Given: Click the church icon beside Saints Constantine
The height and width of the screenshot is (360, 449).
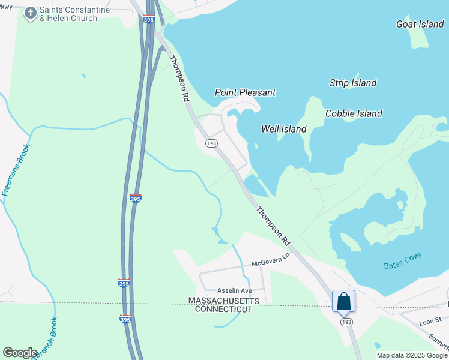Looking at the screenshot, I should tap(30, 13).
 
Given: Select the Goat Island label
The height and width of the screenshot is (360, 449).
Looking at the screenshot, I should tap(420, 24).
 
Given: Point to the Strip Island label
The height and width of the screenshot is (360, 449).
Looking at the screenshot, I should tap(353, 83).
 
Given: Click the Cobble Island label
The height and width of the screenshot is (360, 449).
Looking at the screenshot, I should tap(354, 113).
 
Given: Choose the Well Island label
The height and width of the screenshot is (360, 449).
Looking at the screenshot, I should tap(284, 129).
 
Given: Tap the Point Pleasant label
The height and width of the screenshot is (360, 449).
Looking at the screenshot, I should tap(245, 92).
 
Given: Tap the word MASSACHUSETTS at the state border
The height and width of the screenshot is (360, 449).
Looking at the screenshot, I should tap(224, 300).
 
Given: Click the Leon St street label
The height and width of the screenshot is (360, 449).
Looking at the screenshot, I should tap(430, 322).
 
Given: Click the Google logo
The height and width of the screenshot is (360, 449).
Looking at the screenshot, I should tap(20, 352).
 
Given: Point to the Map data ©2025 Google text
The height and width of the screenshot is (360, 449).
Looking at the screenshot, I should tap(412, 355).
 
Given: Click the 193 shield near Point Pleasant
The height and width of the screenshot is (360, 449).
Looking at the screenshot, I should tap(211, 143).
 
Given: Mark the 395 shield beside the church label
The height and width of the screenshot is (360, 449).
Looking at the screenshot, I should tap(149, 19).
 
